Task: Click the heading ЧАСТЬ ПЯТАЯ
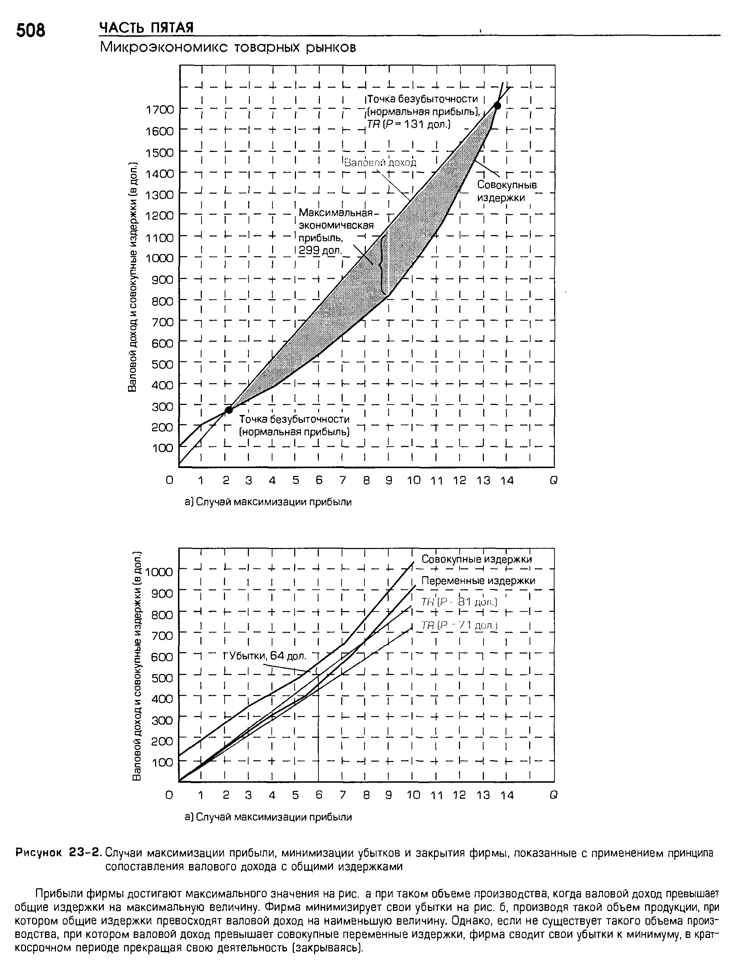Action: tap(147, 28)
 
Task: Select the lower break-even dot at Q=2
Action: tap(229, 410)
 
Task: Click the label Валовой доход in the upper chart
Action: tap(380, 163)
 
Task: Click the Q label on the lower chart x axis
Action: tap(553, 795)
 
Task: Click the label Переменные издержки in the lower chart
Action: tap(478, 581)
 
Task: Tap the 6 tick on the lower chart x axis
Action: tap(319, 795)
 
